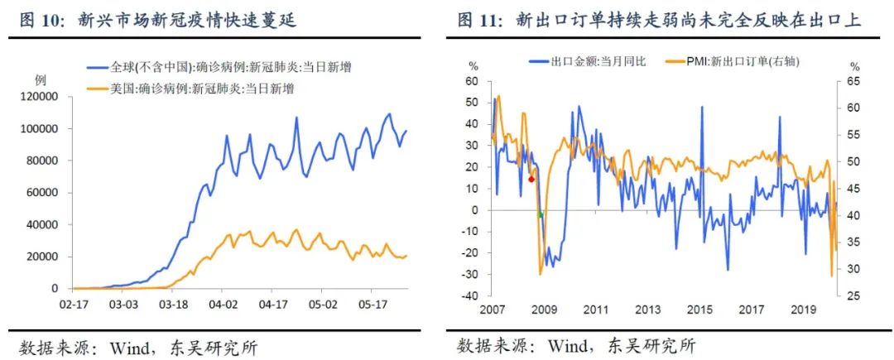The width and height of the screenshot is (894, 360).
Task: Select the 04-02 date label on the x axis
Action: [x=223, y=305]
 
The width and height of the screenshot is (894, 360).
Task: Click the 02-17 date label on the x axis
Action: [x=74, y=305]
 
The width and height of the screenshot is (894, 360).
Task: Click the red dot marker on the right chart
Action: [x=531, y=179]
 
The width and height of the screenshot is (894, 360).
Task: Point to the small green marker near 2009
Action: [x=541, y=215]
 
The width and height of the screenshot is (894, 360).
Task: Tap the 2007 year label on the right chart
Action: [x=492, y=310]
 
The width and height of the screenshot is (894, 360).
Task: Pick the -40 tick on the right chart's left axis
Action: [x=472, y=295]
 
